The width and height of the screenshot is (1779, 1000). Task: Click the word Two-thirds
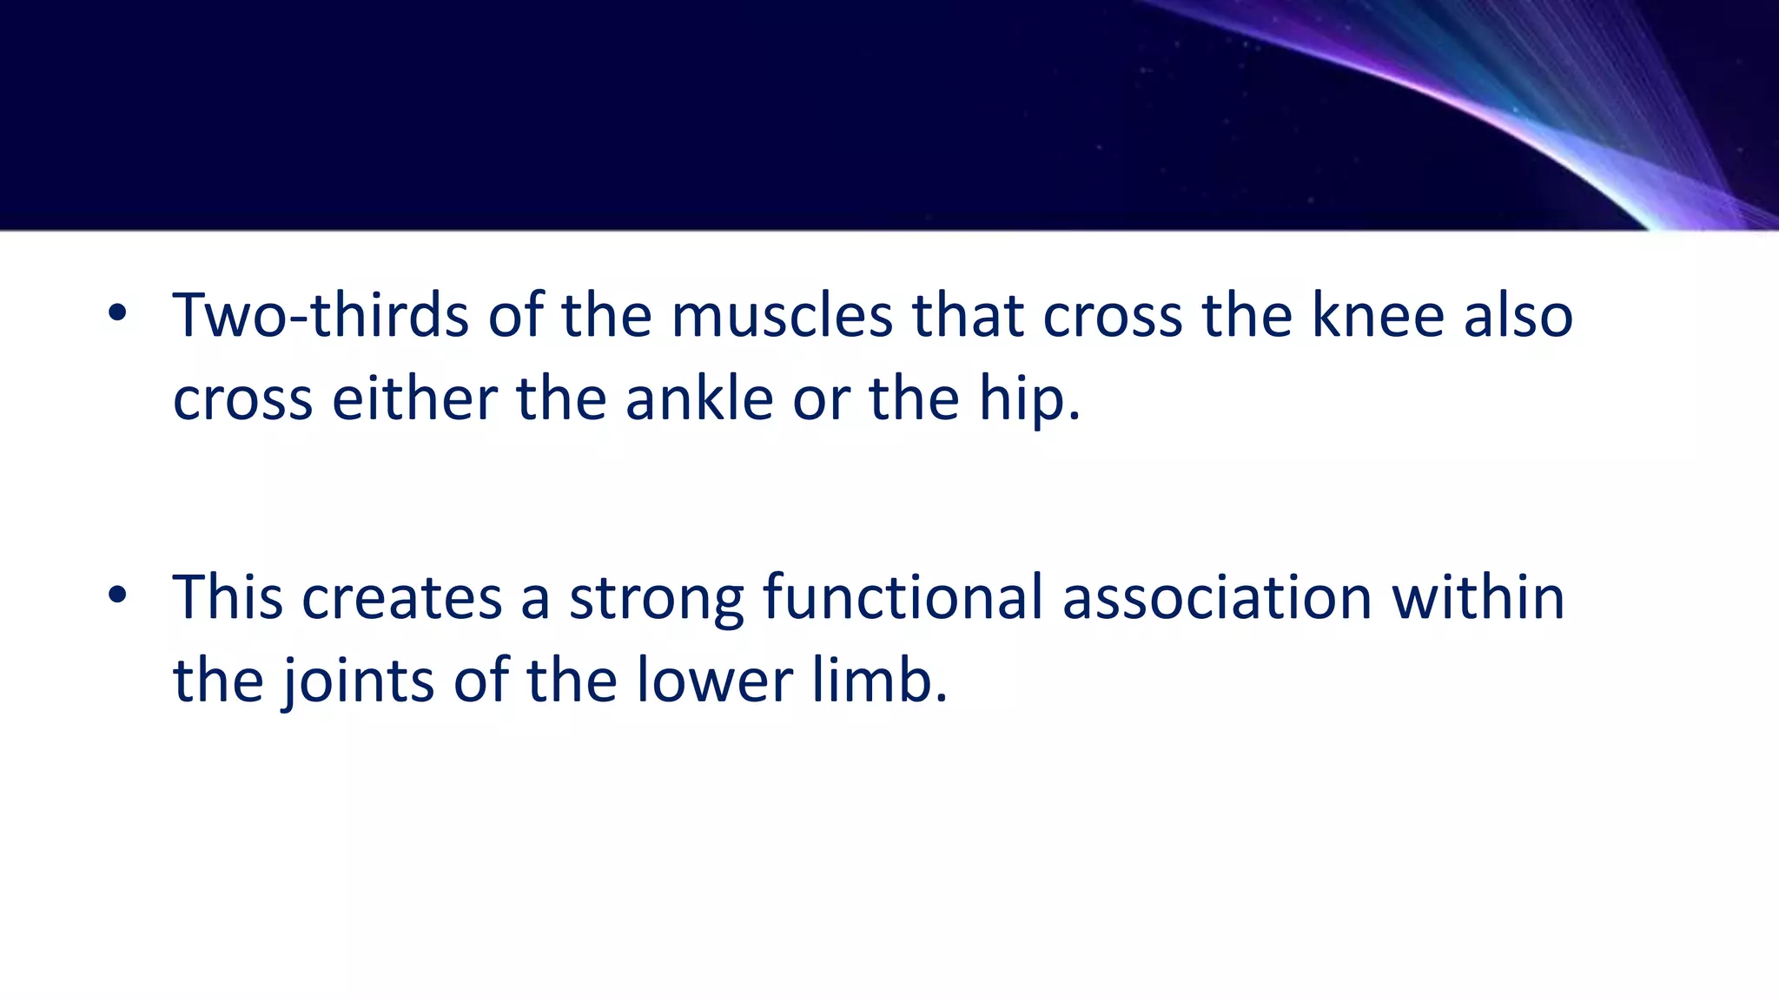(321, 315)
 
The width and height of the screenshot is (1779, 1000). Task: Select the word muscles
(782, 315)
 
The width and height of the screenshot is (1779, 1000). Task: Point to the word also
(1518, 315)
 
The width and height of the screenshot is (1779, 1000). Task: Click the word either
(413, 399)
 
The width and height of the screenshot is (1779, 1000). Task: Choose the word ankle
(699, 399)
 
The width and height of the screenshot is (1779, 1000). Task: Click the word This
(228, 597)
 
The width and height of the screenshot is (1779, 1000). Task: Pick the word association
(1217, 597)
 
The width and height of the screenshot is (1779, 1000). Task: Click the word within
(1478, 597)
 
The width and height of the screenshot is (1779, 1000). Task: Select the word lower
(714, 680)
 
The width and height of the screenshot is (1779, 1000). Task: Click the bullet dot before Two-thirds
(117, 314)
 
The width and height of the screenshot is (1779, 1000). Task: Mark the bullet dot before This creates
(117, 596)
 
